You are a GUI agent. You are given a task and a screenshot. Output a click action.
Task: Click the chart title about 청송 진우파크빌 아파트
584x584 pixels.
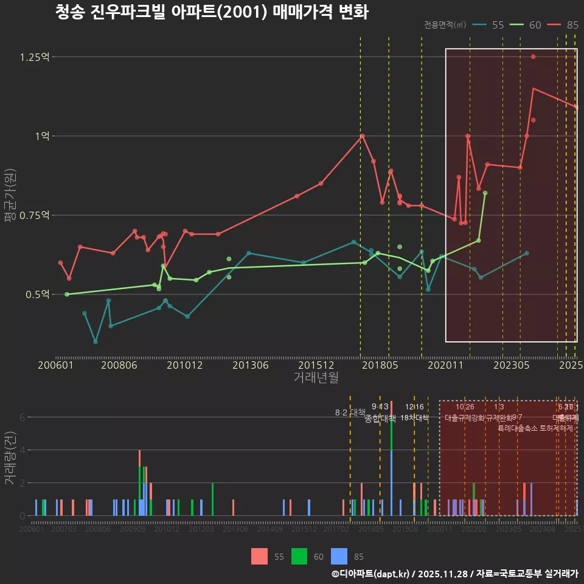[x=211, y=12]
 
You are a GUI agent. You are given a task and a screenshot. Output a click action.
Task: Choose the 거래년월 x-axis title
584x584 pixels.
[x=316, y=377]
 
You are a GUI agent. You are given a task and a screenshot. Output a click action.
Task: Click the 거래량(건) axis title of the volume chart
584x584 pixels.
[x=9, y=458]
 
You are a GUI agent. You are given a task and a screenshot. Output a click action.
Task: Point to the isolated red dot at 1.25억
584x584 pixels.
[x=533, y=57]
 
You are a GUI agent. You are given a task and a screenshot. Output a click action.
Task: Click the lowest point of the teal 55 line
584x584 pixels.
[x=96, y=342]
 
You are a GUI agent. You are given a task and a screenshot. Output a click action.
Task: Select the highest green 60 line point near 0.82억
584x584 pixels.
[x=485, y=193]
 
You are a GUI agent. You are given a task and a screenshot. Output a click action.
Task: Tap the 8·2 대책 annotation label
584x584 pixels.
[x=350, y=412]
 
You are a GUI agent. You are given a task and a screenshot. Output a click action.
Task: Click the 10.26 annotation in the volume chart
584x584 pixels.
[x=465, y=407]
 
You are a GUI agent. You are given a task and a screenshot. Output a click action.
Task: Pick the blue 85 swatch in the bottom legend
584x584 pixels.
[x=339, y=556]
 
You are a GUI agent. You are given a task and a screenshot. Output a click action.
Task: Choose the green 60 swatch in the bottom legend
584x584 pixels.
[x=299, y=556]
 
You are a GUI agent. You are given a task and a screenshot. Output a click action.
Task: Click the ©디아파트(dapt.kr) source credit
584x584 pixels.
[x=371, y=574]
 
